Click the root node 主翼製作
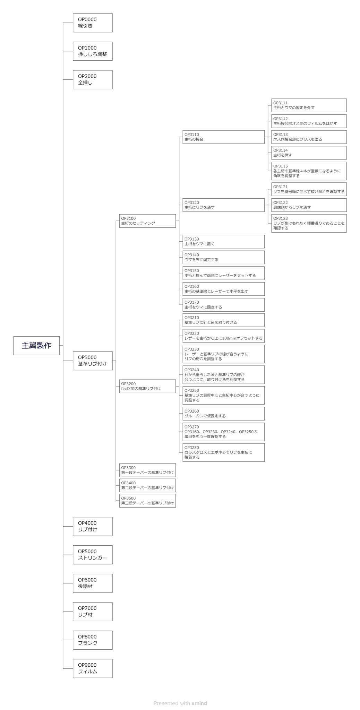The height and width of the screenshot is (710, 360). coord(36,345)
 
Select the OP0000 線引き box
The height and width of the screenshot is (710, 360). coord(93,23)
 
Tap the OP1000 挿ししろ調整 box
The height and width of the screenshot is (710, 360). coord(93,51)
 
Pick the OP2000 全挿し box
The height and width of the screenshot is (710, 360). coord(93,80)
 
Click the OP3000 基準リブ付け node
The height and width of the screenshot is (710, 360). coord(93,361)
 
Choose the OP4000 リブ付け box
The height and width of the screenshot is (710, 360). coord(93,526)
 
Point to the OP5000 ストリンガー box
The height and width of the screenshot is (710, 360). coord(93,555)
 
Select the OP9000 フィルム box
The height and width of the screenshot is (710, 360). coord(93,668)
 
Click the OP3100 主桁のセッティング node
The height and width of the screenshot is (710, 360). coord(148,221)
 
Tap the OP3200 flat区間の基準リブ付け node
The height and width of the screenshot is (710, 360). coord(148,386)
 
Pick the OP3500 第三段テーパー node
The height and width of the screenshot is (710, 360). coord(148,501)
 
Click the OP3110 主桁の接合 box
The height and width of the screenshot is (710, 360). coord(224,137)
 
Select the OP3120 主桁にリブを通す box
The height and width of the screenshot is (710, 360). coord(224,205)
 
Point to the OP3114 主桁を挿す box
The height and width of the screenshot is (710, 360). coord(309,153)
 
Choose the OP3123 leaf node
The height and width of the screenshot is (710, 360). coord(309,223)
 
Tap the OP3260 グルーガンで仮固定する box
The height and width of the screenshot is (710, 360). coord(224,414)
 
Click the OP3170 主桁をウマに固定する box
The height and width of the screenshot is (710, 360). coord(224,305)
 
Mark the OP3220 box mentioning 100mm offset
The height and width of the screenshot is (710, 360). coord(224,336)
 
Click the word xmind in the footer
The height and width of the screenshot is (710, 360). coord(199,703)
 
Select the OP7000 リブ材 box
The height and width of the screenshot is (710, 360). coord(93,612)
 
